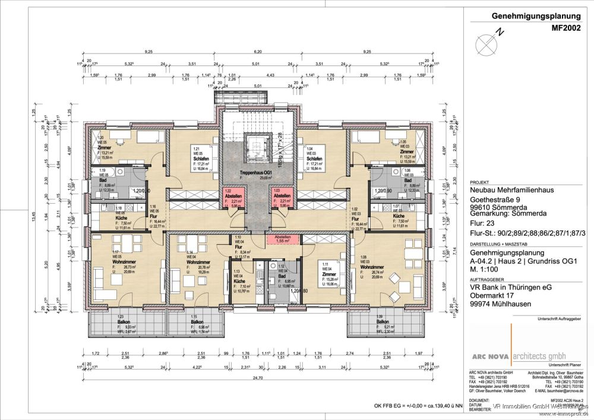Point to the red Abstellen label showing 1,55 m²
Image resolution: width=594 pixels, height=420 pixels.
click(283, 239)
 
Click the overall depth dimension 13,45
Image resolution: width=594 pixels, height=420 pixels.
click(57, 216)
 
